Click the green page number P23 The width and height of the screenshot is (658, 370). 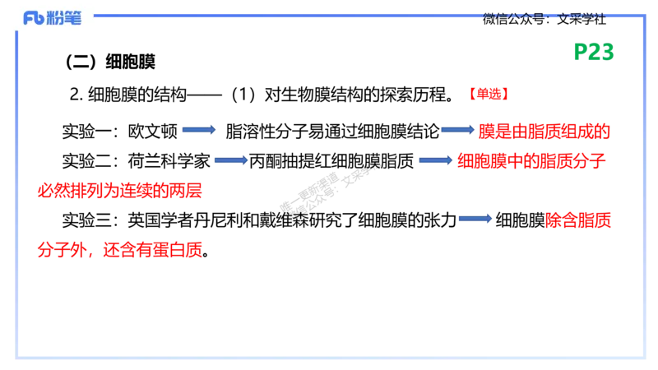pos(593,52)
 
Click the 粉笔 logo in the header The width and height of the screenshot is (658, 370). pos(53,18)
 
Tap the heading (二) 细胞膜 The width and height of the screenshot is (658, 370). pos(110,62)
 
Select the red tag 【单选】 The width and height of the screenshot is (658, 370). pos(489,94)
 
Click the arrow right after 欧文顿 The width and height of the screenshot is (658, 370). pos(199,130)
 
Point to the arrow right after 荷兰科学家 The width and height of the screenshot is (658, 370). pos(231,160)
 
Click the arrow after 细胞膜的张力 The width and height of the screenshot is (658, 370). pos(475,219)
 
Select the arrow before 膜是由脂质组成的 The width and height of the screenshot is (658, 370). pos(457,130)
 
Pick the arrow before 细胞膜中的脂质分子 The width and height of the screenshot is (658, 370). pos(436,160)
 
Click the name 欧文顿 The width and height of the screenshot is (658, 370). pos(153,132)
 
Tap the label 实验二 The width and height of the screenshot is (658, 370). pos(86,161)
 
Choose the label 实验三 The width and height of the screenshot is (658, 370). pos(86,220)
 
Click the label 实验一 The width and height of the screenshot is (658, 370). pos(86,132)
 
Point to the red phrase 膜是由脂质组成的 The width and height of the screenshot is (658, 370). pos(544,132)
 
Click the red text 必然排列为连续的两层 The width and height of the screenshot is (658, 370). pos(119,191)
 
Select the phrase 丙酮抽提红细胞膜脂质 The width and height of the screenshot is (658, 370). pos(331,161)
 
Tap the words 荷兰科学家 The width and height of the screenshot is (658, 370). pos(169,161)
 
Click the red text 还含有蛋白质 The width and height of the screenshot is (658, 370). pos(153,250)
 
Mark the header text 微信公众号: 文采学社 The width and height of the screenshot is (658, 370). pos(544,19)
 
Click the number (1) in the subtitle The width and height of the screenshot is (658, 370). pos(243,95)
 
